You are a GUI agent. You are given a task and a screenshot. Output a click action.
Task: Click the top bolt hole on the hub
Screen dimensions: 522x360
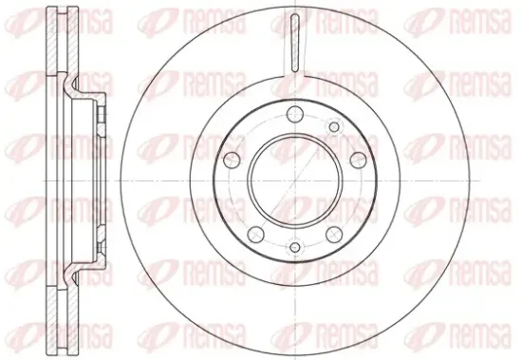(295, 114)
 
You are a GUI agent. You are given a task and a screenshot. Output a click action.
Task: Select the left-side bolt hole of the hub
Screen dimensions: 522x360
(232, 160)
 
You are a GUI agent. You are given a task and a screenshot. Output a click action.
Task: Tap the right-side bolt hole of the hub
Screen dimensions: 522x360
(358, 160)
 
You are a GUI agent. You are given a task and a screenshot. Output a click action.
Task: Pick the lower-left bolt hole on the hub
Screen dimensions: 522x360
(256, 235)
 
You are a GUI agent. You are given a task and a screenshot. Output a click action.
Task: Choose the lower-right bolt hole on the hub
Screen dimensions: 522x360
(334, 235)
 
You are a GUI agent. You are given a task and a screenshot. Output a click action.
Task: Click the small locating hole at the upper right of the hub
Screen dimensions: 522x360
(334, 126)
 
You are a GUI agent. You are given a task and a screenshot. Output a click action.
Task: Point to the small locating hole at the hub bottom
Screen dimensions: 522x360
(295, 247)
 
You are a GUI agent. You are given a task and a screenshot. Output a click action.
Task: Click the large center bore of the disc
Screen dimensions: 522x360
(295, 181)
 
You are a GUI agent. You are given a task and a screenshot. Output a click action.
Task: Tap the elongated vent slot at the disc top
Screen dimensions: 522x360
(295, 44)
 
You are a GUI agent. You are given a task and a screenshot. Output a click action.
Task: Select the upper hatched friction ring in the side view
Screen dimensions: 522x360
(62, 40)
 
